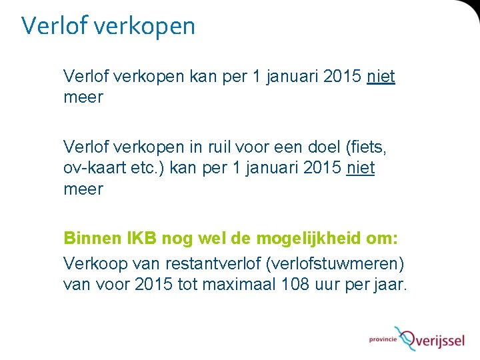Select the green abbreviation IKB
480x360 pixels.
pyautogui.click(x=141, y=238)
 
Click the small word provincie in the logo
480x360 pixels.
pyautogui.click(x=383, y=340)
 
